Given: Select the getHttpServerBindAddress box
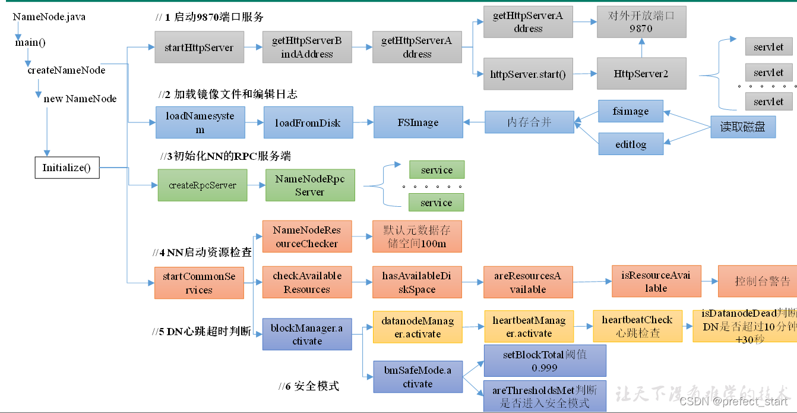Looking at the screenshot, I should point(307,48).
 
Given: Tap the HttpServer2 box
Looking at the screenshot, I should point(641,74).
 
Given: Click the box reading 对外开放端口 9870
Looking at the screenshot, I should point(641,23).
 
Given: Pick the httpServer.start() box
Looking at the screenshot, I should point(527,74).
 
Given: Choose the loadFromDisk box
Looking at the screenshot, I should point(308,122).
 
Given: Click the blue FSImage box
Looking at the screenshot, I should point(418,122).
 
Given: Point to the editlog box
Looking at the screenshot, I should point(630,143).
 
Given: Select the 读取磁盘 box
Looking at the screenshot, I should point(742,127).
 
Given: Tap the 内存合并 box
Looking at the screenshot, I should point(529,122).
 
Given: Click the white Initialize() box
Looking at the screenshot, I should point(66,168).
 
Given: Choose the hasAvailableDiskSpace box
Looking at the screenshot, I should point(417,282).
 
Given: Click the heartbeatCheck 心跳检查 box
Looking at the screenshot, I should point(637,326).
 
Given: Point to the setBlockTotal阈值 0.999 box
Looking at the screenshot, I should point(545,360).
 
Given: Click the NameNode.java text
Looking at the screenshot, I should point(49,17).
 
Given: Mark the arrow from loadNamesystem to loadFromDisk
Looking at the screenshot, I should point(254,123).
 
